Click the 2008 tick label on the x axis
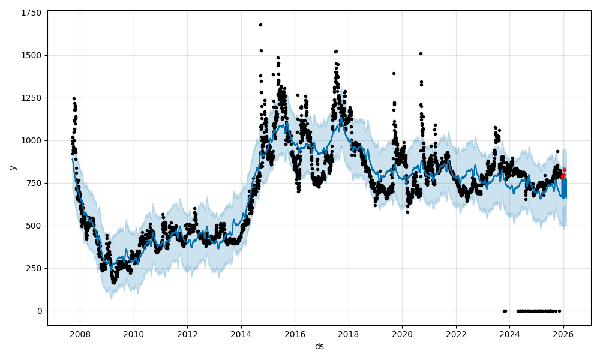80,334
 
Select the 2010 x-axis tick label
134,334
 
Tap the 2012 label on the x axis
188,334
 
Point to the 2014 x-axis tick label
241,334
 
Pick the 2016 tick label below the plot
295,334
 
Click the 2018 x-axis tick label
349,334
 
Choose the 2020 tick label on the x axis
402,334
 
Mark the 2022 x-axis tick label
456,334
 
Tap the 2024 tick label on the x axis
509,334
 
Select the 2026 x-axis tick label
563,334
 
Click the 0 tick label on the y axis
39,311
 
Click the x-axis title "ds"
319,346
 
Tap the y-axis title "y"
12,167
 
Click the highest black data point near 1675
260,25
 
